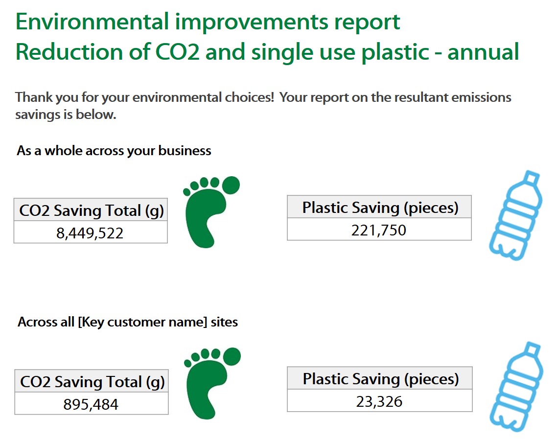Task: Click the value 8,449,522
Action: [90, 233]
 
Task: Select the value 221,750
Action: [378, 230]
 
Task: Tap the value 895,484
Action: [91, 404]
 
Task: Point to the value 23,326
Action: [379, 401]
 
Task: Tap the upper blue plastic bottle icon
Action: [515, 215]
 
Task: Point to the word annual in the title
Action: [483, 52]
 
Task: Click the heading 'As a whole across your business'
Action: [114, 150]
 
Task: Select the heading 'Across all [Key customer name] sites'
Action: [128, 322]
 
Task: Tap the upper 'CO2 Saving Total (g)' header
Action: [91, 210]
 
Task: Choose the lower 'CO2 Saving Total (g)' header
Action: [92, 382]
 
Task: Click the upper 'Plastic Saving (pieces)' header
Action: [380, 208]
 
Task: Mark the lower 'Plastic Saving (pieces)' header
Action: [380, 379]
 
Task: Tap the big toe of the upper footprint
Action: [231, 185]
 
